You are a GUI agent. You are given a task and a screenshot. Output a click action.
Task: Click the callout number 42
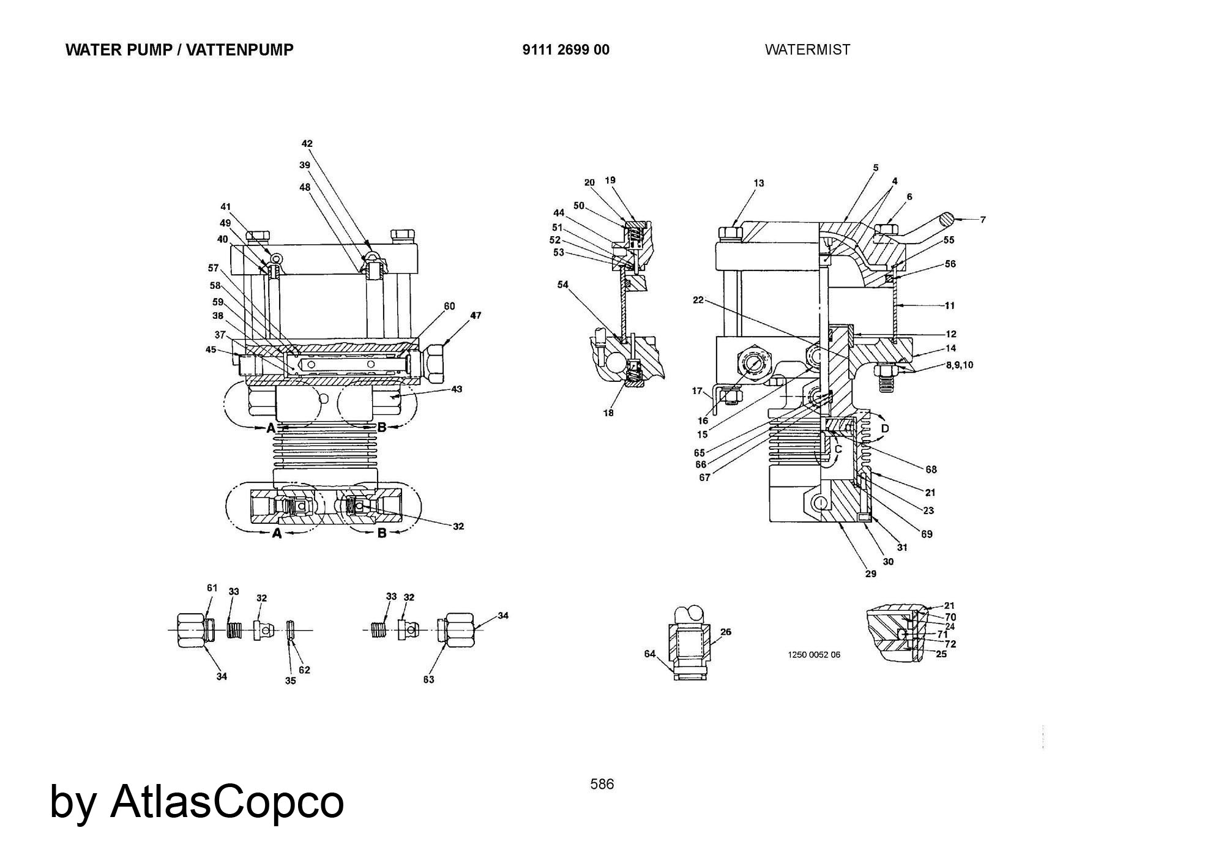point(307,144)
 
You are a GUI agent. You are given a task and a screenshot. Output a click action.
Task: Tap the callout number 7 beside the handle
point(983,219)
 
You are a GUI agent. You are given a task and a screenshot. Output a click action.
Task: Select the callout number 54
point(563,285)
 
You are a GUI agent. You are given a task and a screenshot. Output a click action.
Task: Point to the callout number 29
point(870,573)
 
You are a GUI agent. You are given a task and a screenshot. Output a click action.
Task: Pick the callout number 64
point(649,654)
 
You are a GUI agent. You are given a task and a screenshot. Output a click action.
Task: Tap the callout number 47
point(476,315)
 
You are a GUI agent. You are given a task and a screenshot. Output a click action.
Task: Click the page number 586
point(602,784)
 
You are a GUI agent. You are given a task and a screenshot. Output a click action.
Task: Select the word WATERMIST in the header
point(807,50)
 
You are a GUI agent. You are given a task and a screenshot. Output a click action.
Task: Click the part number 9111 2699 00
point(565,50)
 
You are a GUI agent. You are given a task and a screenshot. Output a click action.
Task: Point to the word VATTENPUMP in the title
point(240,50)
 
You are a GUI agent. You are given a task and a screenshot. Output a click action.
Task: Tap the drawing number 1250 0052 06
point(813,655)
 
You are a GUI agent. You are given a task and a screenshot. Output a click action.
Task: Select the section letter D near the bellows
point(884,428)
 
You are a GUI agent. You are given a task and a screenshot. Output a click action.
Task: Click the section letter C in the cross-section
point(838,449)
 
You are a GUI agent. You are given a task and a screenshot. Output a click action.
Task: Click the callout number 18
point(608,413)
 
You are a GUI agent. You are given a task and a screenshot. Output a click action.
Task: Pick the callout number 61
point(212,588)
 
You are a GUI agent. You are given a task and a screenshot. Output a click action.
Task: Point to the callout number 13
point(759,183)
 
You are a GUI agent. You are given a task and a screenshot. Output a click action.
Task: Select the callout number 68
point(931,469)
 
